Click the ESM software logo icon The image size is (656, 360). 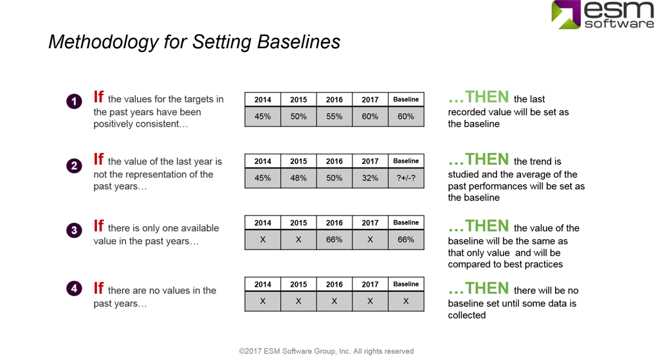click(566, 14)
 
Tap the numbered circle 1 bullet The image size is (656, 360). click(74, 102)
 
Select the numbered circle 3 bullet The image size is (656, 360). click(74, 230)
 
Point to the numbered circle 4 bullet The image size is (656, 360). click(74, 289)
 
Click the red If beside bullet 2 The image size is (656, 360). click(98, 159)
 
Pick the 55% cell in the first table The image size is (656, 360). click(334, 116)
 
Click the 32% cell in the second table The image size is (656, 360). click(370, 178)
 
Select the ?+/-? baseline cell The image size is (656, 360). click(406, 178)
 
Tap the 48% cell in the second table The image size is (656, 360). click(298, 178)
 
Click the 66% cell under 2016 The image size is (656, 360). click(334, 239)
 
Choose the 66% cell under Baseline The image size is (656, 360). click(406, 239)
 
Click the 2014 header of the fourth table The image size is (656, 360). click(262, 284)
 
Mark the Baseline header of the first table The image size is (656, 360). click(406, 100)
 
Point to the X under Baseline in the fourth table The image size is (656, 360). click(406, 301)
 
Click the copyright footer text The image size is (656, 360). click(326, 351)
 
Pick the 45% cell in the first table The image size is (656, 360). click(262, 116)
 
